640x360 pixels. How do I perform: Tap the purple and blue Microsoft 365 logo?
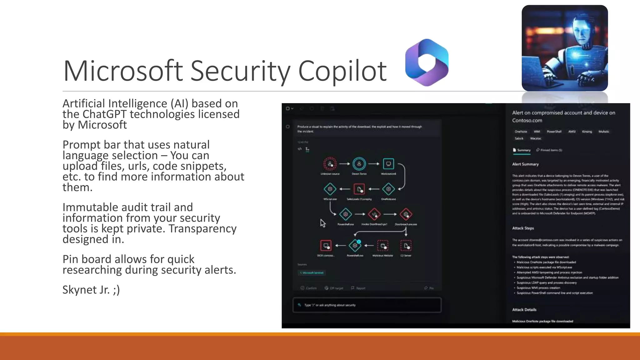(427, 62)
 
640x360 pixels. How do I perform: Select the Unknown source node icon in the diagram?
(330, 164)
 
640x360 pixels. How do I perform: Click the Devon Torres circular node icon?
(359, 164)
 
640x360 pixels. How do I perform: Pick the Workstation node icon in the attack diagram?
(388, 164)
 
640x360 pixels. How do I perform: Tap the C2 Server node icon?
(406, 246)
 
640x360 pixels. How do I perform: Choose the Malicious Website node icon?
(383, 246)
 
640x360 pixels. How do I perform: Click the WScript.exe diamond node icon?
(330, 189)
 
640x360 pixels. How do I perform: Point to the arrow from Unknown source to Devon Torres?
(344, 164)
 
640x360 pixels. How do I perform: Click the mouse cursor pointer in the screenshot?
(322, 223)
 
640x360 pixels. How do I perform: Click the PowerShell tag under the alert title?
(554, 132)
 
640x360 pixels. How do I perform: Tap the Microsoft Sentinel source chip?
(312, 273)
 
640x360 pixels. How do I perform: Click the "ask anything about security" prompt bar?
(367, 305)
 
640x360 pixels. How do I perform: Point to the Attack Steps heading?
(523, 228)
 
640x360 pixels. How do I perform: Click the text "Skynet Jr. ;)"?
(91, 290)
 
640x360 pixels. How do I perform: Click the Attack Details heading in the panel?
(524, 310)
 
